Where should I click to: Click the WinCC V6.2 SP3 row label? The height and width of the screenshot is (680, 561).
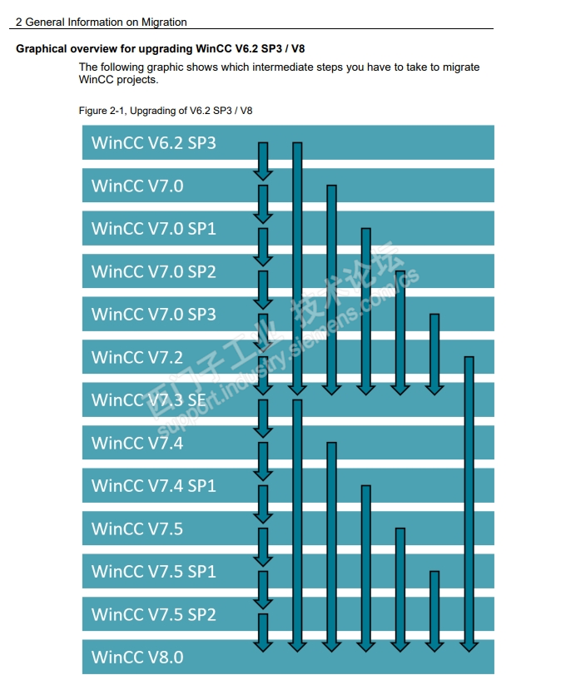tap(153, 142)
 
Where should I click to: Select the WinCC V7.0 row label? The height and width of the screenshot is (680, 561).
tap(137, 186)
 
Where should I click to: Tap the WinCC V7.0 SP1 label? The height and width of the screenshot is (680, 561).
tap(153, 228)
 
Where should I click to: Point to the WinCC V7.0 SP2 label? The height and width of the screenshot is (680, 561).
tap(153, 271)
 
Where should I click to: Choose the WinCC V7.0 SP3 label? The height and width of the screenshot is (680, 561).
tap(153, 314)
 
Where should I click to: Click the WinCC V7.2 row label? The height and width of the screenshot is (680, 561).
tap(137, 357)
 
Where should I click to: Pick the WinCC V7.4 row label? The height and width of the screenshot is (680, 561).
tap(137, 443)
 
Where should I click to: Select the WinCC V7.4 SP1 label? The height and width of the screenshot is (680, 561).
tap(153, 485)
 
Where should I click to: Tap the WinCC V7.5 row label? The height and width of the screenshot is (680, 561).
tap(137, 529)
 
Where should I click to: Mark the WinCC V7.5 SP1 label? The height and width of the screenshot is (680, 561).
tap(153, 571)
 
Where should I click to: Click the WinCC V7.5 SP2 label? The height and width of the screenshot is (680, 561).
tap(153, 614)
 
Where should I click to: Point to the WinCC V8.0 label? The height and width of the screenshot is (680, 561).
tap(137, 658)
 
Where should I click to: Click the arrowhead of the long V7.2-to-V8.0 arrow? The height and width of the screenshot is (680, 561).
tap(469, 643)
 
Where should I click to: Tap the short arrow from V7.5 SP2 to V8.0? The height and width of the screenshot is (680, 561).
tap(263, 633)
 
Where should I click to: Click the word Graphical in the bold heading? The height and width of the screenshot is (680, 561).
tap(40, 48)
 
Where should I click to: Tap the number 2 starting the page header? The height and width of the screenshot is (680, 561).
tap(18, 22)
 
